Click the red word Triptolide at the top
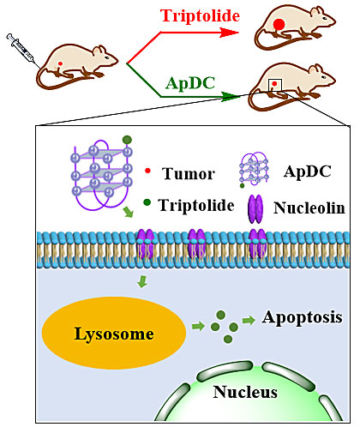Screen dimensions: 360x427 (x=200, y=15)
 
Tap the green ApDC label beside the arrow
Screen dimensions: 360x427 (x=190, y=83)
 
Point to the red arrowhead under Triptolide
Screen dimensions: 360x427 (x=229, y=33)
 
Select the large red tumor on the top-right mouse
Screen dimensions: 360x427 (x=279, y=25)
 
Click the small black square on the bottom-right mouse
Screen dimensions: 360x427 (x=275, y=85)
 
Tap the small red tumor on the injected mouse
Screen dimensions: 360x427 (x=60, y=63)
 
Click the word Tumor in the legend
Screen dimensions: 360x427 (x=188, y=173)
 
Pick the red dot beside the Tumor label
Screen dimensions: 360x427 (x=147, y=171)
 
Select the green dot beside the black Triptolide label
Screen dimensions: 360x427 (x=147, y=202)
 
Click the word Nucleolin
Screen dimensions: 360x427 (x=309, y=207)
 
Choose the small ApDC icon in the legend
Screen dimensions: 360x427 (x=254, y=170)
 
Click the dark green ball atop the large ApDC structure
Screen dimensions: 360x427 (x=127, y=140)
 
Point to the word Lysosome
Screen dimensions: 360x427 (x=114, y=334)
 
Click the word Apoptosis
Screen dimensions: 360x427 (x=303, y=317)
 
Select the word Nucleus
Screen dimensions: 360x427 (x=245, y=392)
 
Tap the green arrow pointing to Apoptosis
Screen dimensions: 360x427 (x=249, y=321)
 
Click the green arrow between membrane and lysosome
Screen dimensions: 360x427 (x=142, y=281)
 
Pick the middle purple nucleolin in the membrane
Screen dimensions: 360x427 (x=196, y=244)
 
